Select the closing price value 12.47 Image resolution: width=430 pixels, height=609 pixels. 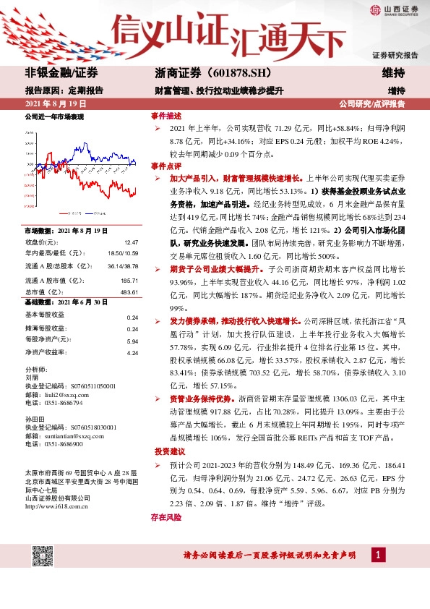[131, 242]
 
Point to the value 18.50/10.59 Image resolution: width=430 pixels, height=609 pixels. [124, 252]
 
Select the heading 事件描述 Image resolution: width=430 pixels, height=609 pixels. [165, 116]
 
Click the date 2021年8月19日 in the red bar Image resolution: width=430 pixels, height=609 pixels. [54, 104]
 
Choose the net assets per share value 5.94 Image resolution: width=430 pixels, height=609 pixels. [132, 341]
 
